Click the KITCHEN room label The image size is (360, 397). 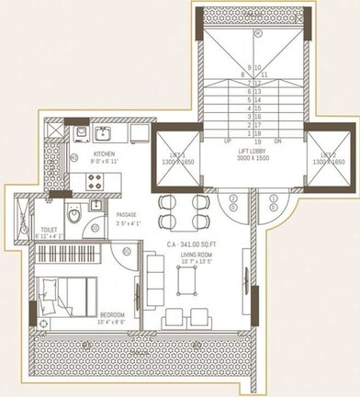pos(104,155)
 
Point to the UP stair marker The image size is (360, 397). pos(228,142)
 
